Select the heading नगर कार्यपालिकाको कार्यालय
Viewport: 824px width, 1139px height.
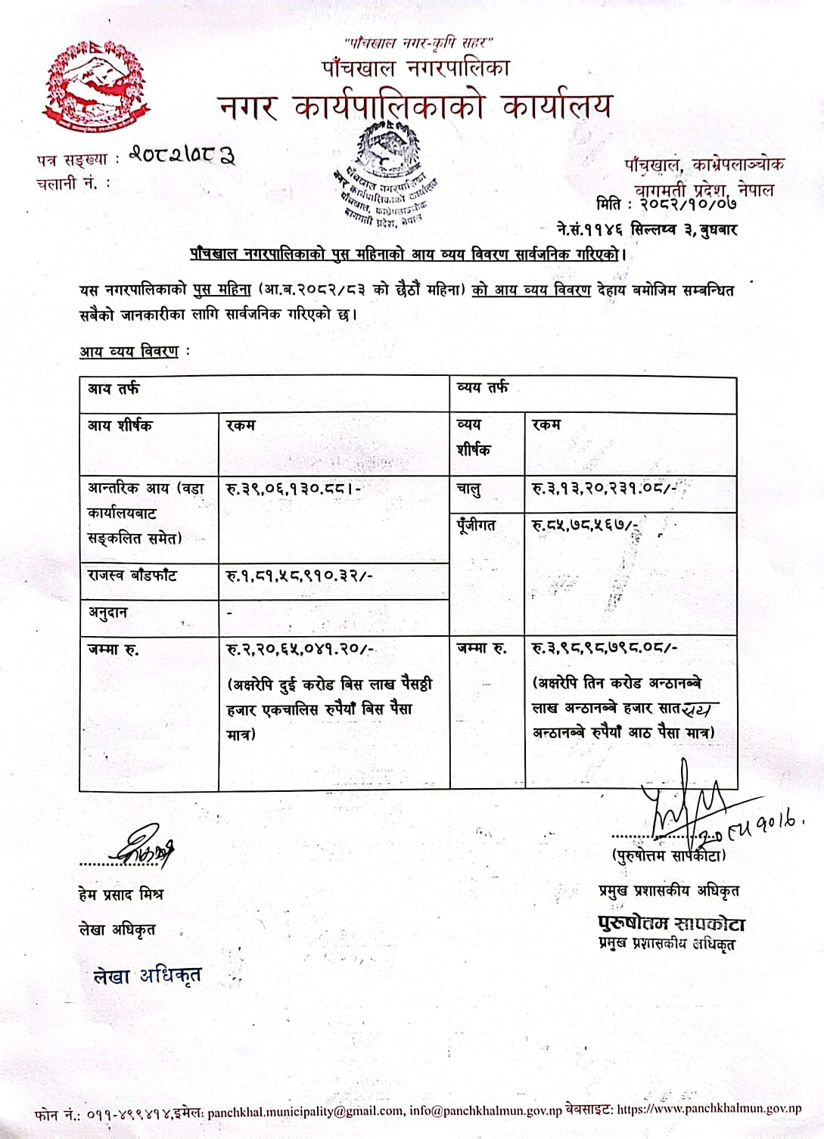(415, 107)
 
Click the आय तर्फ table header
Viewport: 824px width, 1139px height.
(113, 389)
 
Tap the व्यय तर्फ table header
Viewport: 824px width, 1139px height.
(483, 388)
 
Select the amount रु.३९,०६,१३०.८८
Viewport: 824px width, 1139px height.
(294, 489)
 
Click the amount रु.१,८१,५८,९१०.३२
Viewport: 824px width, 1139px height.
(300, 576)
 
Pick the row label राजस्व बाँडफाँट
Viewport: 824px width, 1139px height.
(132, 576)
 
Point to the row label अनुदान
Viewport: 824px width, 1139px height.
(107, 613)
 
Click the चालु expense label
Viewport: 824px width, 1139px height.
(468, 489)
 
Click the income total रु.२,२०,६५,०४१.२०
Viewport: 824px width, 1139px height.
(300, 648)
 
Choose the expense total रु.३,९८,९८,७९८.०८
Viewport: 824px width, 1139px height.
(605, 647)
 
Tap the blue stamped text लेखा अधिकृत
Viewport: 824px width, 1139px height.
(147, 976)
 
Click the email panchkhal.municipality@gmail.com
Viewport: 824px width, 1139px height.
(303, 1111)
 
